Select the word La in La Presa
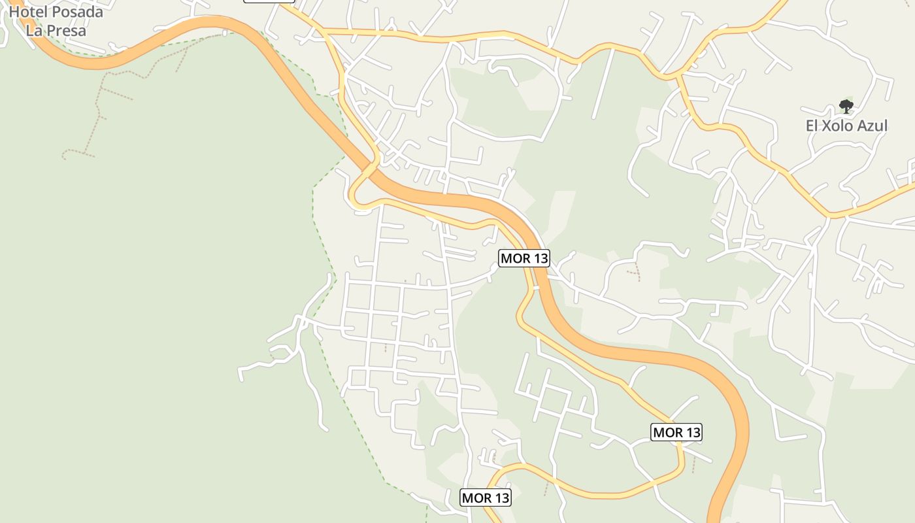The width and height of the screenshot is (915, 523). click(34, 30)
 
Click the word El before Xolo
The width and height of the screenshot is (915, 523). click(813, 126)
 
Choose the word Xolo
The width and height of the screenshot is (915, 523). click(840, 126)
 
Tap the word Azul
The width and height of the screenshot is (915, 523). click(873, 126)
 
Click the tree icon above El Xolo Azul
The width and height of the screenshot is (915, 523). click(846, 106)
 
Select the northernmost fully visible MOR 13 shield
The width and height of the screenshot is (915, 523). click(524, 258)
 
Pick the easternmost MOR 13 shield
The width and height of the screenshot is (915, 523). click(677, 432)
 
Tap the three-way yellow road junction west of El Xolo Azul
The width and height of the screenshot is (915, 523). click(680, 75)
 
